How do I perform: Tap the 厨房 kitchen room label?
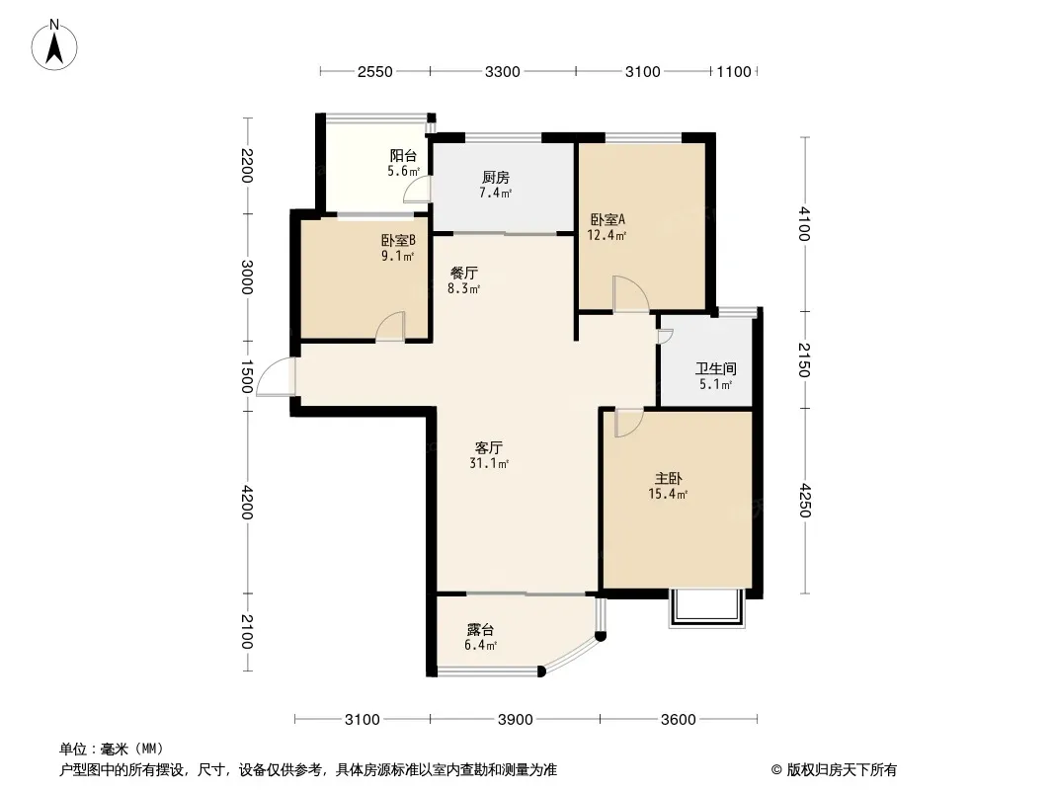pyautogui.click(x=496, y=177)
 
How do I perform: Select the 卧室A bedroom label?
pyautogui.click(x=607, y=219)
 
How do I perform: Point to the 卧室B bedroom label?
pyautogui.click(x=398, y=240)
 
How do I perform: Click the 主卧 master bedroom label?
pyautogui.click(x=668, y=479)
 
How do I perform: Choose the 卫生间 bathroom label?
pyautogui.click(x=716, y=368)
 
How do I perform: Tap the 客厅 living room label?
pyautogui.click(x=489, y=447)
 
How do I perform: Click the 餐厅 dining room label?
pyautogui.click(x=464, y=274)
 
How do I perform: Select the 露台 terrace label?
pyautogui.click(x=481, y=630)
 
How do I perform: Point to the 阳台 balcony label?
pyautogui.click(x=403, y=156)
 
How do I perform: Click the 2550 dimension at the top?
pyautogui.click(x=374, y=72)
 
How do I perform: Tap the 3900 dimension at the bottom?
pyautogui.click(x=515, y=720)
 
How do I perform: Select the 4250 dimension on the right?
pyautogui.click(x=804, y=501)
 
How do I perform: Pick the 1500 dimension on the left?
pyautogui.click(x=247, y=376)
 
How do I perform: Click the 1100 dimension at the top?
pyautogui.click(x=733, y=72)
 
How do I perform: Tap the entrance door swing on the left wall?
pyautogui.click(x=276, y=376)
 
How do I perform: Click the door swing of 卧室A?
pyautogui.click(x=630, y=294)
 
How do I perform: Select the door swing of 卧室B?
pyautogui.click(x=390, y=326)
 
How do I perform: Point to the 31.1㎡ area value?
pyautogui.click(x=489, y=463)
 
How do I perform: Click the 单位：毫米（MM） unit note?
pyautogui.click(x=112, y=750)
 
